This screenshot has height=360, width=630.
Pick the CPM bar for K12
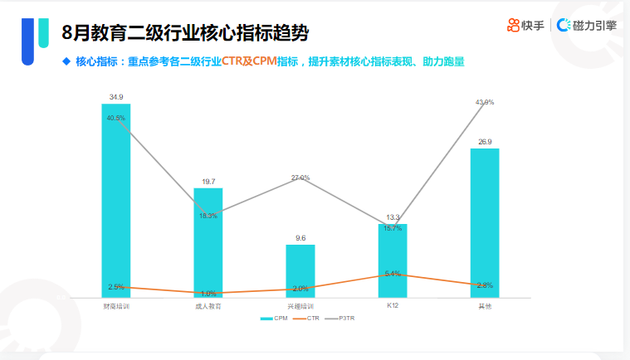[x=393, y=260]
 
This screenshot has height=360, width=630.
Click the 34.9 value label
[x=116, y=97]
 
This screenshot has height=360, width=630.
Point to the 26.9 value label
[x=485, y=142]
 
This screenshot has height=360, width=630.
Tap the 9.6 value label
[x=300, y=238]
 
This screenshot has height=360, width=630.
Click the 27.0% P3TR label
[x=300, y=178]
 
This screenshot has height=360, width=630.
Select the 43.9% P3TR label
[x=485, y=102]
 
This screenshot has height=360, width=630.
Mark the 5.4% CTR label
[x=393, y=273]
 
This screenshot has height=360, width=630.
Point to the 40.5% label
[x=116, y=118]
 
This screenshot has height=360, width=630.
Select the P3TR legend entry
[x=342, y=319]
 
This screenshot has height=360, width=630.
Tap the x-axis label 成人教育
[x=208, y=306]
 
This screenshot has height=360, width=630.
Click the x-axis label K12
[x=393, y=306]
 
